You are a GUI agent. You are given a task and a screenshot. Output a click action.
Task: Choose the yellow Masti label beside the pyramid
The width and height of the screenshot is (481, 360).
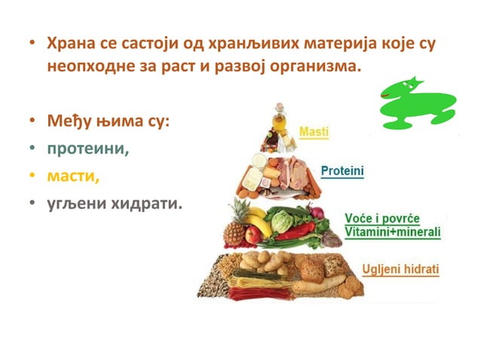314,133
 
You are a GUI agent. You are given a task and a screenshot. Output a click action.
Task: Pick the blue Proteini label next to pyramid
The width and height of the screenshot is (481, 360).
342,172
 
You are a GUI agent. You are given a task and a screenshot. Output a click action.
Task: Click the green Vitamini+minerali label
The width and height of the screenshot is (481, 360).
392,232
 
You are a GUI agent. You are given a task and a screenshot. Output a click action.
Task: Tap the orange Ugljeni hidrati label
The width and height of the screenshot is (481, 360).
402,269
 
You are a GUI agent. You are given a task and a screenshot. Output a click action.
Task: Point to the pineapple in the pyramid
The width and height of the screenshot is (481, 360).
237,223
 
